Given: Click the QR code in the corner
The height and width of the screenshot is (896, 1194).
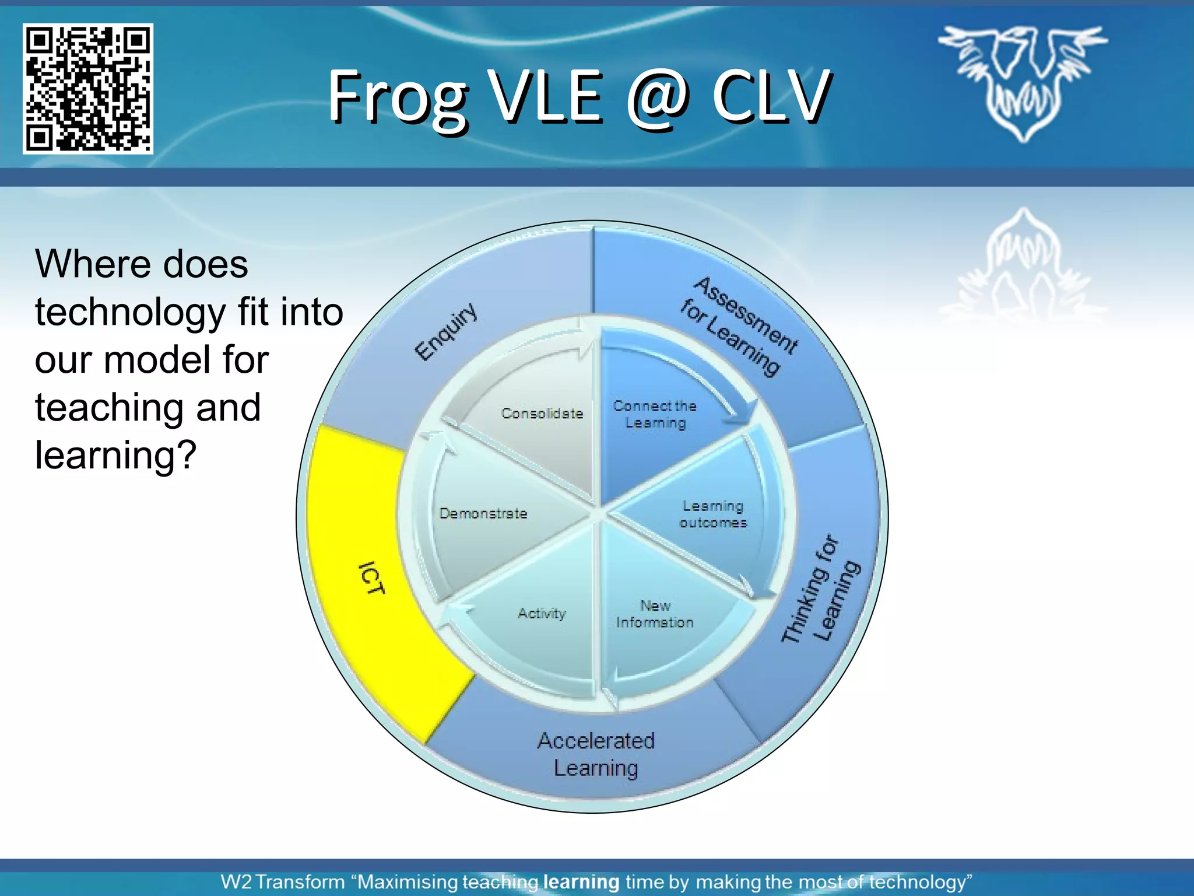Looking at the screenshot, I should click(x=88, y=89).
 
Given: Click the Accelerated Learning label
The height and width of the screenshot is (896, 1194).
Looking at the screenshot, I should click(x=596, y=754).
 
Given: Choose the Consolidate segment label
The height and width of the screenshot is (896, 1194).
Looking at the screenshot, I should click(x=542, y=414).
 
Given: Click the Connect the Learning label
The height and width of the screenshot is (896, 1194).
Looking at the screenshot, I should click(x=655, y=414).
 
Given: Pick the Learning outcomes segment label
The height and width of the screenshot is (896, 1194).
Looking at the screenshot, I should click(x=712, y=514).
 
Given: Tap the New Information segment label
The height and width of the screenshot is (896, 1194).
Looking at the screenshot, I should click(x=655, y=614).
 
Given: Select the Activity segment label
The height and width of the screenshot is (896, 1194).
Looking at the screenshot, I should click(x=542, y=613).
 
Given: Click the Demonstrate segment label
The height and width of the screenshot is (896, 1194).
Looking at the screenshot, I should click(x=483, y=513).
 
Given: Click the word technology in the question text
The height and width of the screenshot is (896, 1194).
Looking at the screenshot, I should click(x=130, y=312).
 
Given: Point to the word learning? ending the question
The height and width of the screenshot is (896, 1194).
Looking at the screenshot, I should click(x=115, y=455).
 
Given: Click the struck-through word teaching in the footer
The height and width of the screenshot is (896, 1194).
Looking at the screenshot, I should click(x=500, y=882).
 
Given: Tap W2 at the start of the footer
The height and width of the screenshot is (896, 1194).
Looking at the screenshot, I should click(x=236, y=882).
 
